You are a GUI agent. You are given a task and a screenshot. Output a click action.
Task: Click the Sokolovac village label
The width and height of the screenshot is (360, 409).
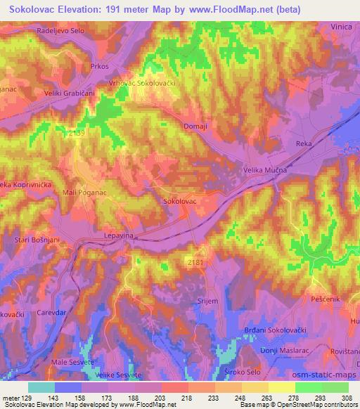[x=179, y=201]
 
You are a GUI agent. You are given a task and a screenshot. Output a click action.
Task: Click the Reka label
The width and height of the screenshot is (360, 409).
[x=304, y=143]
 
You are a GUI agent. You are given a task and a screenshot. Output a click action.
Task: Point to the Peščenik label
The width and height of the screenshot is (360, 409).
[x=325, y=299]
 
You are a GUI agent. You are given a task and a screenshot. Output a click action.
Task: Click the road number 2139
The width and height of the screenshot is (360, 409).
[x=77, y=132]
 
